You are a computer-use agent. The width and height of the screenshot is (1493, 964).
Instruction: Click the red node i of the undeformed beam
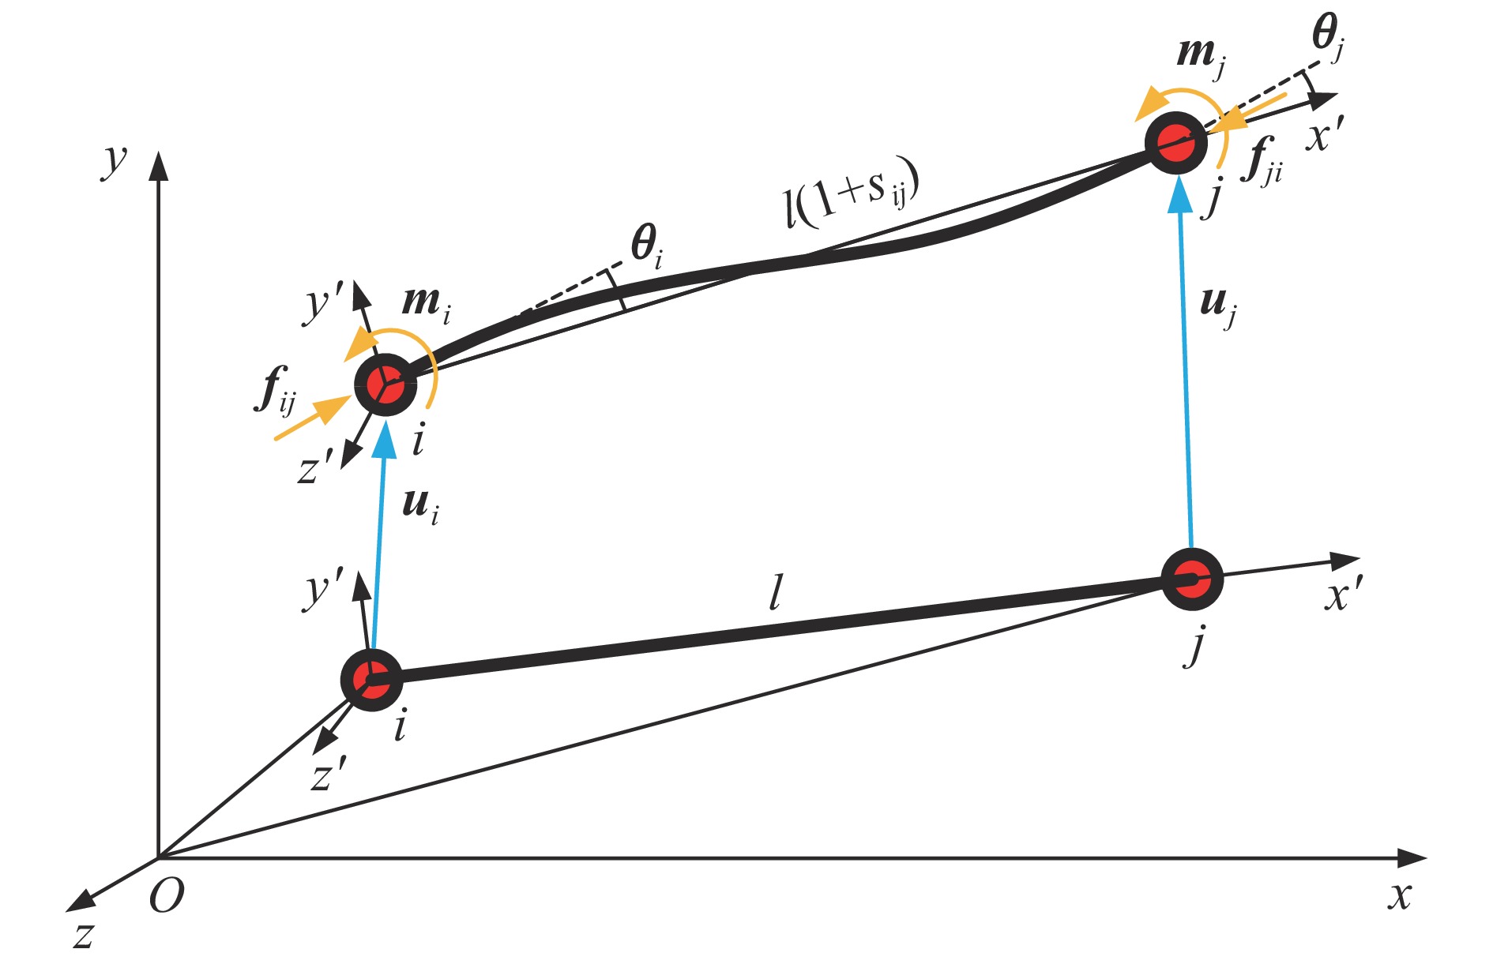point(372,680)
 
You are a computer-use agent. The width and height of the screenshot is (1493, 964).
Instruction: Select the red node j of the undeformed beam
point(1193,579)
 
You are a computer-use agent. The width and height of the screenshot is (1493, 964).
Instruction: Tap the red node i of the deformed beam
point(385,384)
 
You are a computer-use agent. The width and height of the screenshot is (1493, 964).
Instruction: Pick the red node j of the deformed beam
point(1176,143)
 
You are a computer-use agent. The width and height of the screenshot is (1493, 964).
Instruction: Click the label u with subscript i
point(420,505)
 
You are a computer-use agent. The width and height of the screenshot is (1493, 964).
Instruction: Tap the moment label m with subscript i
point(427,304)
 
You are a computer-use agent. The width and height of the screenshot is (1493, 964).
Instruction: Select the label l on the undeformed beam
point(777,593)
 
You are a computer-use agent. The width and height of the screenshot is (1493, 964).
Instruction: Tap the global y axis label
point(115,162)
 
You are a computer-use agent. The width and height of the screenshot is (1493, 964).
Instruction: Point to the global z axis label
point(84,936)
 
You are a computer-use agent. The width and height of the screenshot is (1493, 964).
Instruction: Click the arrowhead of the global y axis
point(159,167)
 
